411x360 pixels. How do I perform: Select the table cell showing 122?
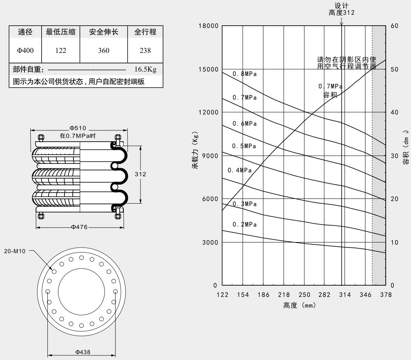(60, 50)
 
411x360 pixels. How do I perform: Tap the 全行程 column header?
(145, 32)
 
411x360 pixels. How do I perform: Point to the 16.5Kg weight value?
(145, 70)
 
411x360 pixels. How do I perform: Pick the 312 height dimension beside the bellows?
(140, 174)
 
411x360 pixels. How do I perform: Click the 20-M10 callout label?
(17, 251)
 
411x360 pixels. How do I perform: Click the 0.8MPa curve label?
(245, 74)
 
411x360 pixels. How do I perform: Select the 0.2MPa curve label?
(245, 225)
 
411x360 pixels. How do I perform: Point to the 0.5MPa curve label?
(244, 146)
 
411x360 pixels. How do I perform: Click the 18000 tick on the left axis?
(208, 26)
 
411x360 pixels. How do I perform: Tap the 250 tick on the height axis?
(304, 295)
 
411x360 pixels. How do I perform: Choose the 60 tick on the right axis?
(394, 26)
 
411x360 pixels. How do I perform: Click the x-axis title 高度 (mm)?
(299, 306)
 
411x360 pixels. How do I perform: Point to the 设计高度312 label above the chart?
(341, 9)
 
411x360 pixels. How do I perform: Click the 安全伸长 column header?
(103, 32)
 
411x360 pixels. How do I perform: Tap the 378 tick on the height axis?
(386, 295)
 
